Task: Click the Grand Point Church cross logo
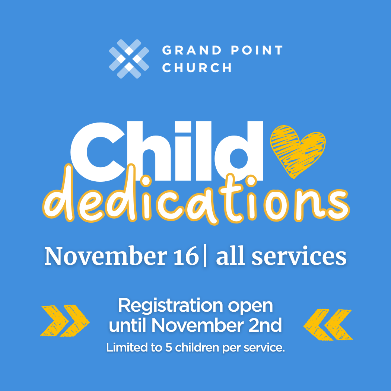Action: click(129, 59)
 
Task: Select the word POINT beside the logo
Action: click(257, 50)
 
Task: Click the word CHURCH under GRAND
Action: click(197, 67)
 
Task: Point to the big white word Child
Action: click(166, 151)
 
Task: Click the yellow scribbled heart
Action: click(298, 151)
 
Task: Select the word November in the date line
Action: click(105, 256)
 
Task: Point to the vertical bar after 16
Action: click(205, 257)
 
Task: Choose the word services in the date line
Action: click(299, 257)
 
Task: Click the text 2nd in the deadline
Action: click(265, 325)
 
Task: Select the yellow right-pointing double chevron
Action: click(65, 320)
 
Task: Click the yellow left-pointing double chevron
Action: click(328, 325)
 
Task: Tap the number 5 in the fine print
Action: click(169, 347)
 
